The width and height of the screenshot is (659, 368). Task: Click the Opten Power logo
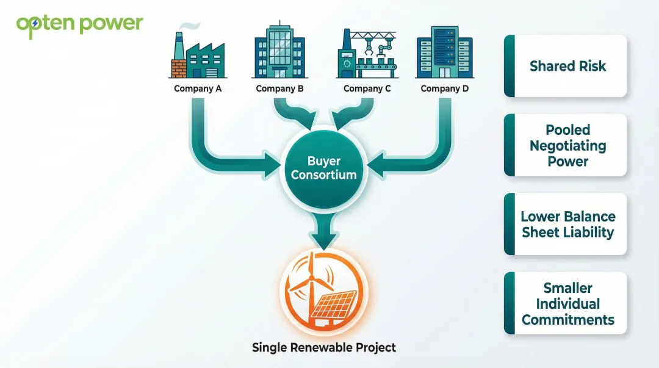click(80, 24)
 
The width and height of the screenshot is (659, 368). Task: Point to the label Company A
click(198, 88)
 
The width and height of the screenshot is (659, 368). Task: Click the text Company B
click(279, 88)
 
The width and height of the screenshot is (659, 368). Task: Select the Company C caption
click(367, 88)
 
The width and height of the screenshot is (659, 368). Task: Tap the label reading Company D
click(445, 88)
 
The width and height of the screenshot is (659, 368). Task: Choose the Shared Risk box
click(566, 66)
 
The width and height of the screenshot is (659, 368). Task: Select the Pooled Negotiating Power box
click(566, 145)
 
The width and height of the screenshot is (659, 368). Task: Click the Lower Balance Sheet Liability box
click(566, 224)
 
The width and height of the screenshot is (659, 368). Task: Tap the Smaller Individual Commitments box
click(566, 303)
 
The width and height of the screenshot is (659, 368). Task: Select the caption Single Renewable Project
click(324, 348)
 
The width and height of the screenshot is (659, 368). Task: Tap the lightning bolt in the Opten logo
click(35, 23)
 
